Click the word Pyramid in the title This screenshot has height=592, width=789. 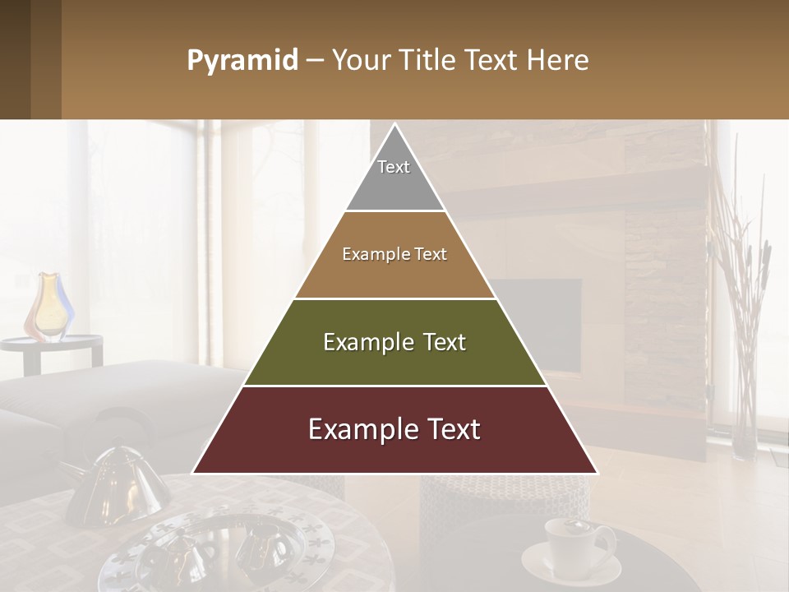[242, 61]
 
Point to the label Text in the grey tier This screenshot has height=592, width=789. [394, 167]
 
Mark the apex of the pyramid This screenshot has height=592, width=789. [394, 126]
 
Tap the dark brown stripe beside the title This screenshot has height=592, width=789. [46, 59]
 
